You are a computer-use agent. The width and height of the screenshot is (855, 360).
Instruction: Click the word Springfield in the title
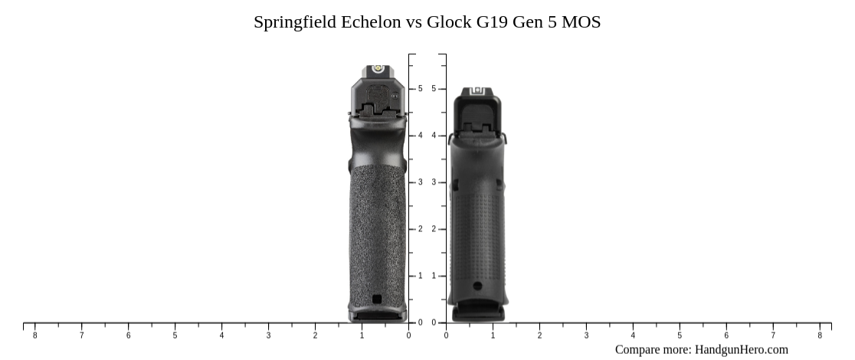[x=296, y=22]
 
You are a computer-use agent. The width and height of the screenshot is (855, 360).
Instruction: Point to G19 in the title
[x=493, y=22]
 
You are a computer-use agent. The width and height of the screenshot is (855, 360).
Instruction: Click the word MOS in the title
[x=581, y=22]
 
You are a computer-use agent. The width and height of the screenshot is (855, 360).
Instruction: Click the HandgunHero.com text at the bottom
[x=741, y=349]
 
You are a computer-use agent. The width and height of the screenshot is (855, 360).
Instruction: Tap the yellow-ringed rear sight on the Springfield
[x=377, y=69]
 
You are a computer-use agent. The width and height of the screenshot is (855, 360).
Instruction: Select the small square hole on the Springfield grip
[x=376, y=299]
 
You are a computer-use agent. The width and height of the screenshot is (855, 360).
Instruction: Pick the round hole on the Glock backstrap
[x=477, y=286]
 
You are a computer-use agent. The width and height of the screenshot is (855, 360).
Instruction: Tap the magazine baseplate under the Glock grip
[x=477, y=314]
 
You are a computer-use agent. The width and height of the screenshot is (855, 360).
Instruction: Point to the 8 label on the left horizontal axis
[x=34, y=335]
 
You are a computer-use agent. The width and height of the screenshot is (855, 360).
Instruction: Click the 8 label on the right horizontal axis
[x=820, y=335]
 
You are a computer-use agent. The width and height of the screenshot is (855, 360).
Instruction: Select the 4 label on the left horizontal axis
[x=221, y=335]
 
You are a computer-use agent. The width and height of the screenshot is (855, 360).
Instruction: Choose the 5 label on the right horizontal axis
[x=680, y=335]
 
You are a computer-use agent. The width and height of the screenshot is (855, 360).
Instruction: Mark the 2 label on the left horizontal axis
[x=315, y=335]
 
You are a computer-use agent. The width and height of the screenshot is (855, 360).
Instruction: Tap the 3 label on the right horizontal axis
[x=586, y=335]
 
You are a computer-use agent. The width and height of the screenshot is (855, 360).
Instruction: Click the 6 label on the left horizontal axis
[x=128, y=335]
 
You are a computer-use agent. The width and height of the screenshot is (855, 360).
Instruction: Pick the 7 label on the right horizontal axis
[x=773, y=335]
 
